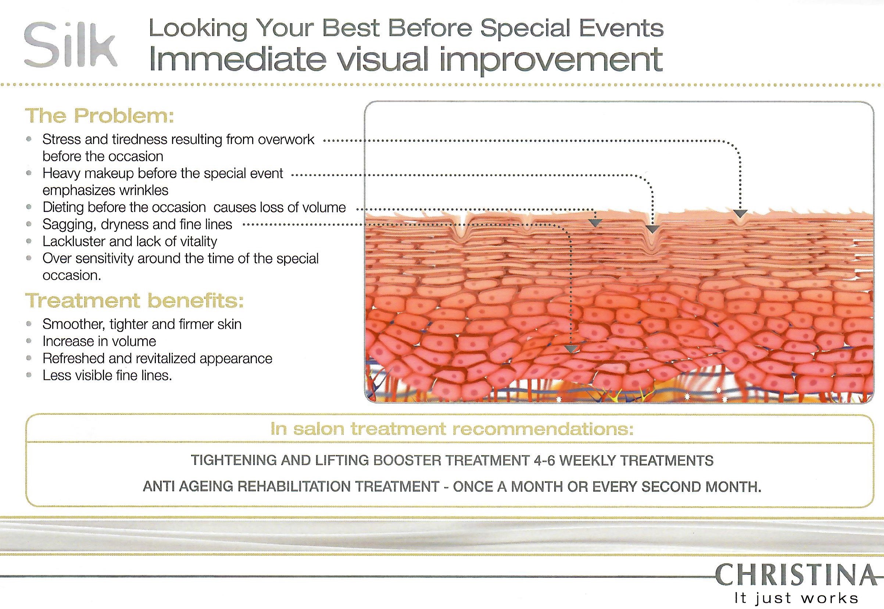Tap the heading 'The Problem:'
tap(100, 116)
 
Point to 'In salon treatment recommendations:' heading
tap(452, 429)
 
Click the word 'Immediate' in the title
tap(238, 60)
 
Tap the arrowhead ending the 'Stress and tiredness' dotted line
tap(740, 214)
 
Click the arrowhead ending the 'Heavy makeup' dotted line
tap(652, 229)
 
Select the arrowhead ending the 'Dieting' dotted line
tap(595, 223)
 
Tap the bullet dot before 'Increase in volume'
tap(29, 341)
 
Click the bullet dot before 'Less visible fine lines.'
tap(29, 375)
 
